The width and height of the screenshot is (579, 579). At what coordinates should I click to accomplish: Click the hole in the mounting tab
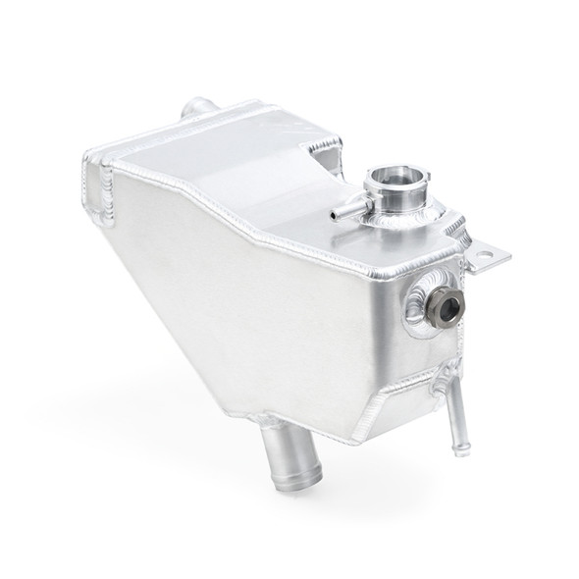pyautogui.click(x=486, y=260)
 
